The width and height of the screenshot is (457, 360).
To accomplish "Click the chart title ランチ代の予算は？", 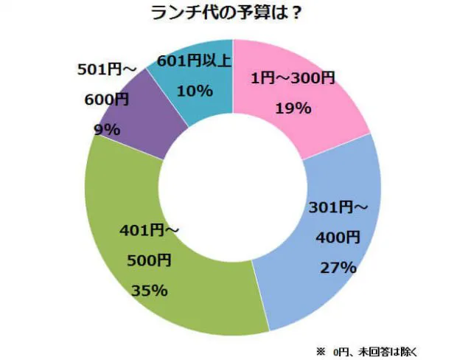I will [229, 14].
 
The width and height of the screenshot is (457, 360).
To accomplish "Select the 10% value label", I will [195, 91].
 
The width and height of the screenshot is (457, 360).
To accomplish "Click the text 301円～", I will [336, 208].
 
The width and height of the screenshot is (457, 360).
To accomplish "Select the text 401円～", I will [150, 232].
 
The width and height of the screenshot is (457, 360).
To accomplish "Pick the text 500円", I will [150, 260].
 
